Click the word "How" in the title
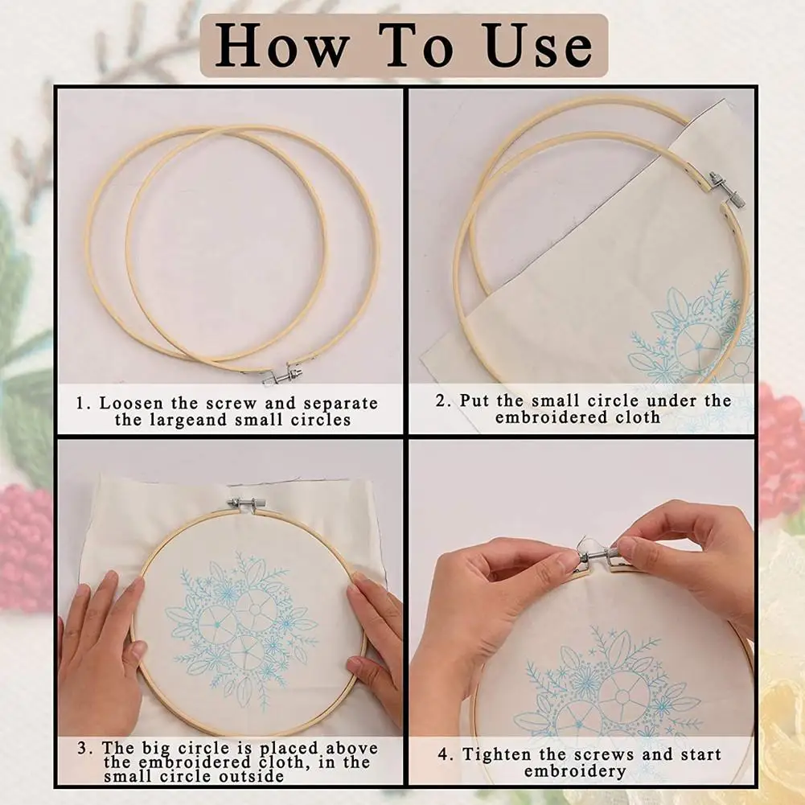(281, 45)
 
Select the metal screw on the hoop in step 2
(726, 191)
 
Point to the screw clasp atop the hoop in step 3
(245, 503)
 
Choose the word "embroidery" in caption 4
(575, 771)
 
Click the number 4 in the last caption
(444, 754)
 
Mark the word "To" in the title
(417, 45)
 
